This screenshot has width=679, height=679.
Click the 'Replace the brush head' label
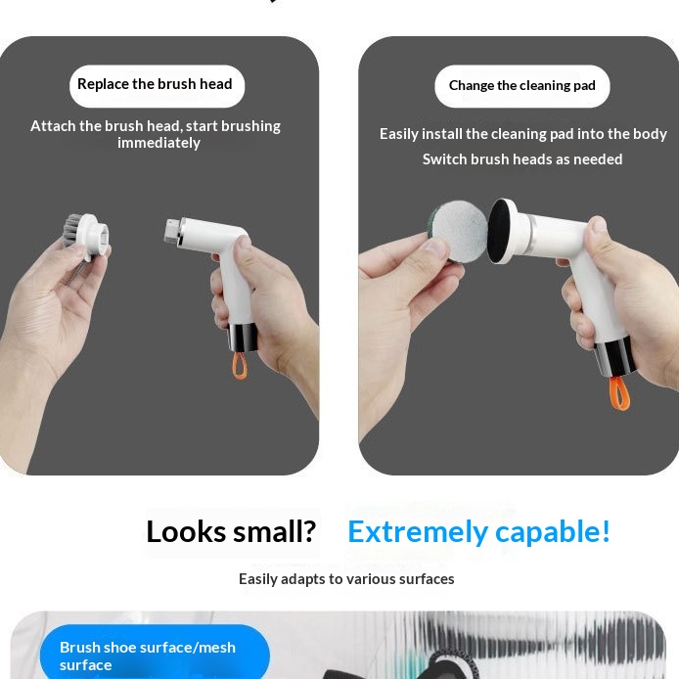coord(157,86)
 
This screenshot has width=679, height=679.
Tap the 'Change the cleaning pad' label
coord(522,86)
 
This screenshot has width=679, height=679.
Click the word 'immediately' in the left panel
coord(158,143)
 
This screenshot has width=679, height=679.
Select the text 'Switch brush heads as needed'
coord(522,159)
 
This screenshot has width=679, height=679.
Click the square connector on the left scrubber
coord(172,230)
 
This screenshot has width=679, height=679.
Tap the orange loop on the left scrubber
coord(240,366)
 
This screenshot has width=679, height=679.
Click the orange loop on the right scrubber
coord(619,393)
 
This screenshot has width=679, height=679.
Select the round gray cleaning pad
coord(459,230)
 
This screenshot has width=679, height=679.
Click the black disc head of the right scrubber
coord(502,232)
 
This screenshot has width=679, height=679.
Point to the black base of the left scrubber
coord(242,337)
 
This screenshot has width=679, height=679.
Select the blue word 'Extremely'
coord(418,532)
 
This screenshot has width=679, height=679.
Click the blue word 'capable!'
coord(553,532)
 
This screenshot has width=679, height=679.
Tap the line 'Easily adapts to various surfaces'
coord(346,579)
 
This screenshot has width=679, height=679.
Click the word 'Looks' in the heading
coord(186,532)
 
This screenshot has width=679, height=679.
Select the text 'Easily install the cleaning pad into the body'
coord(522,134)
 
